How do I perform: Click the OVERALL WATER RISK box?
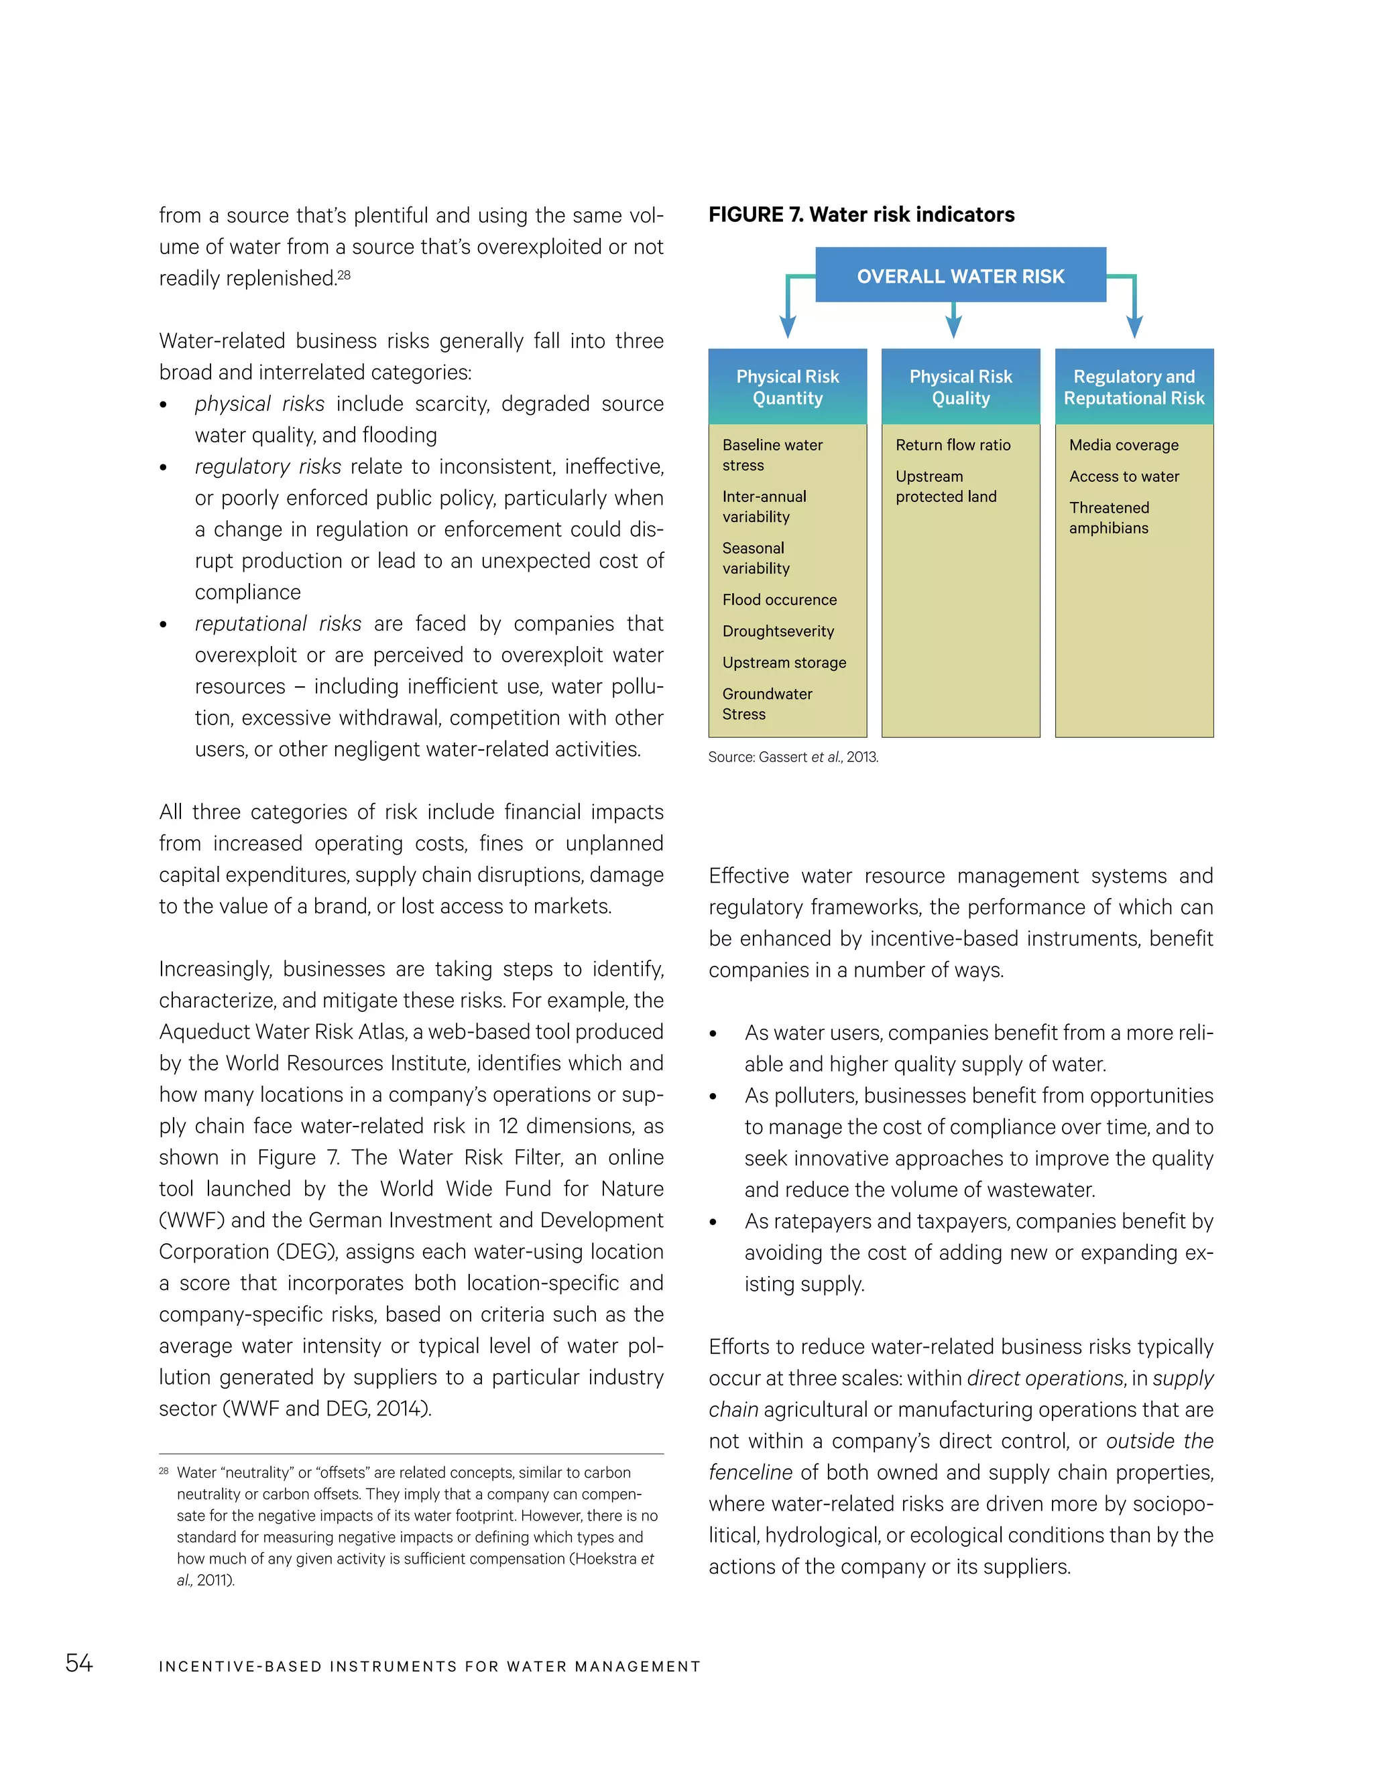click(x=960, y=275)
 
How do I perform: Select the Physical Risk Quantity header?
click(x=787, y=387)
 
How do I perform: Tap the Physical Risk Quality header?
click(x=961, y=387)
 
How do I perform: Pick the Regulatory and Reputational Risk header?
click(x=1134, y=387)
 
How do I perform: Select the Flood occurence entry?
click(x=779, y=599)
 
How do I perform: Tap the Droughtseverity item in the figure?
click(x=778, y=631)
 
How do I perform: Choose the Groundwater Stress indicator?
click(x=767, y=704)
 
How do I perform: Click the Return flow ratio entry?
click(x=953, y=445)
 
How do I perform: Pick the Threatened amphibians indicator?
click(x=1109, y=517)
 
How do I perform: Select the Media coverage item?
click(x=1124, y=445)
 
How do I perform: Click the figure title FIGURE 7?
click(x=861, y=214)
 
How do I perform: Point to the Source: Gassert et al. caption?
click(x=793, y=757)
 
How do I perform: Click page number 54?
click(x=79, y=1663)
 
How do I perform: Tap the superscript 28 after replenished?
click(x=344, y=274)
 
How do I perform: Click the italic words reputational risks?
click(x=278, y=624)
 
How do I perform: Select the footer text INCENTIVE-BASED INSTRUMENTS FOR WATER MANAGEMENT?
click(x=430, y=1666)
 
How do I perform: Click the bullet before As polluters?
click(x=713, y=1097)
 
